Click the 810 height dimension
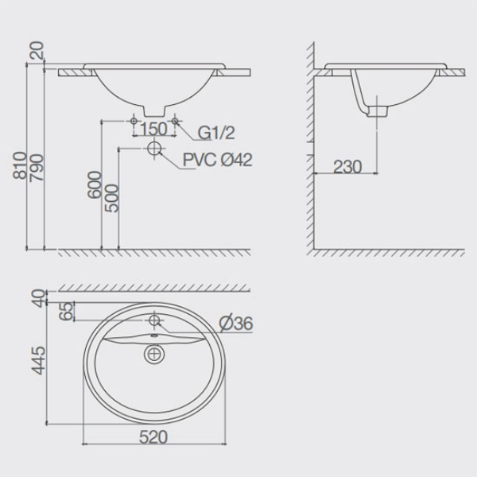point(20,165)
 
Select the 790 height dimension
point(37,168)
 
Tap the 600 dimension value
point(94,185)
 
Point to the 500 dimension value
point(111,198)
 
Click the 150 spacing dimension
point(154,129)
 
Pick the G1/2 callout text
point(216,133)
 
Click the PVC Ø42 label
point(218,160)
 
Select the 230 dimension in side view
point(347,167)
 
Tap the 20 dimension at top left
point(37,51)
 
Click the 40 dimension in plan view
point(39,298)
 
